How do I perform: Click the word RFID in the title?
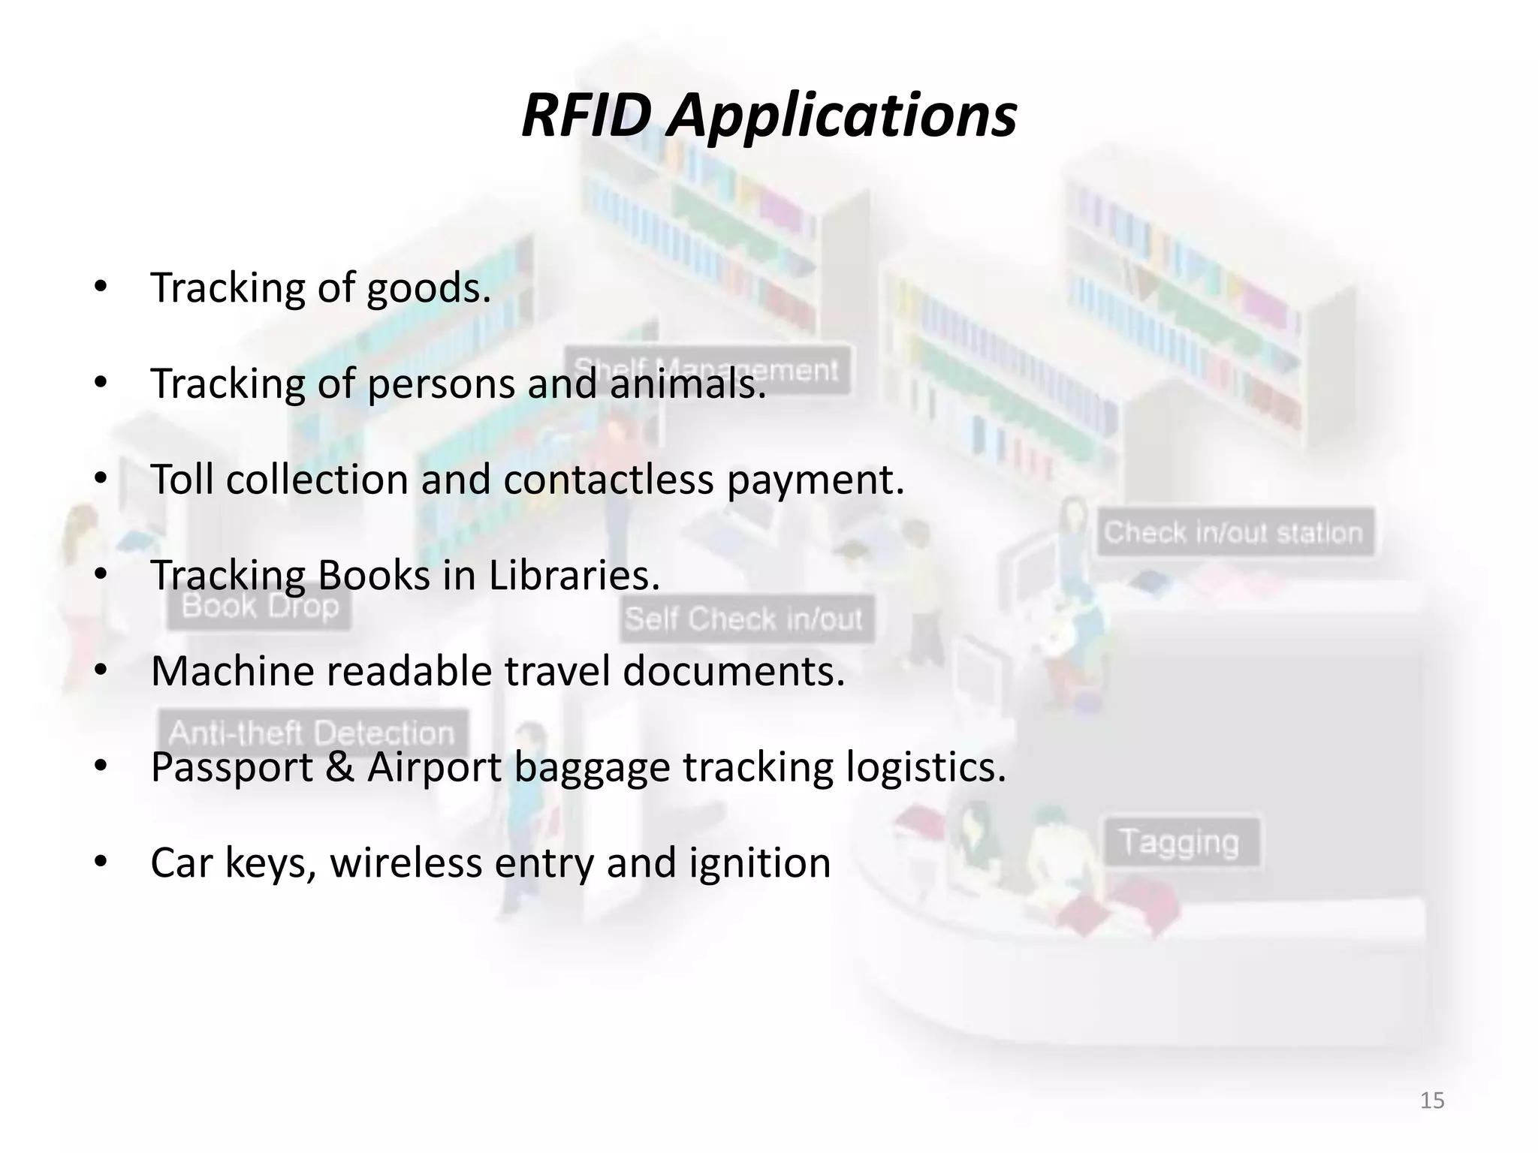pos(586,116)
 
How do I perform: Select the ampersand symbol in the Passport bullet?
pos(339,767)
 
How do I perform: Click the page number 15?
pos(1432,1100)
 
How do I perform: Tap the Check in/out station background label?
pos(1234,533)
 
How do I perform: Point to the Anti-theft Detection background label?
pos(311,733)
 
